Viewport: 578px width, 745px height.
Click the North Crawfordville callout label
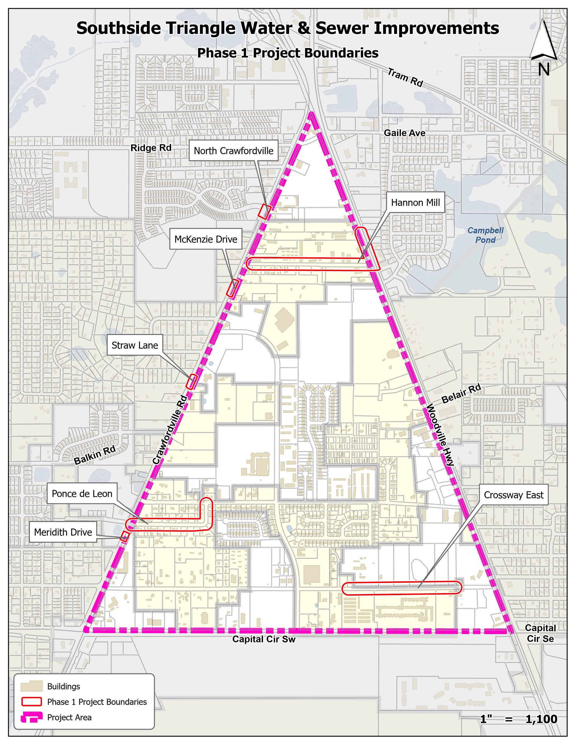[234, 151]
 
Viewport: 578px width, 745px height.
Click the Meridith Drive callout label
[63, 532]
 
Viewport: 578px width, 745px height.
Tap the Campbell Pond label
[485, 235]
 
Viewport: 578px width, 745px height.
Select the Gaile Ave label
[404, 133]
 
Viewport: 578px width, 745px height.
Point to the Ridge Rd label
[151, 148]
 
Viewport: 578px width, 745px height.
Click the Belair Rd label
[461, 394]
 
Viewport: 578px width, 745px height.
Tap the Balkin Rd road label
[95, 455]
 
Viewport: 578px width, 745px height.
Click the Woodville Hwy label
[440, 435]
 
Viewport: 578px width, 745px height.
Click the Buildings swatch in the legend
[31, 686]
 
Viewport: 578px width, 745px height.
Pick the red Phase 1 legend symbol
[31, 702]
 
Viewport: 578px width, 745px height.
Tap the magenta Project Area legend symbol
[31, 717]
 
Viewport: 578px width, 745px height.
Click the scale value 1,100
[541, 719]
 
